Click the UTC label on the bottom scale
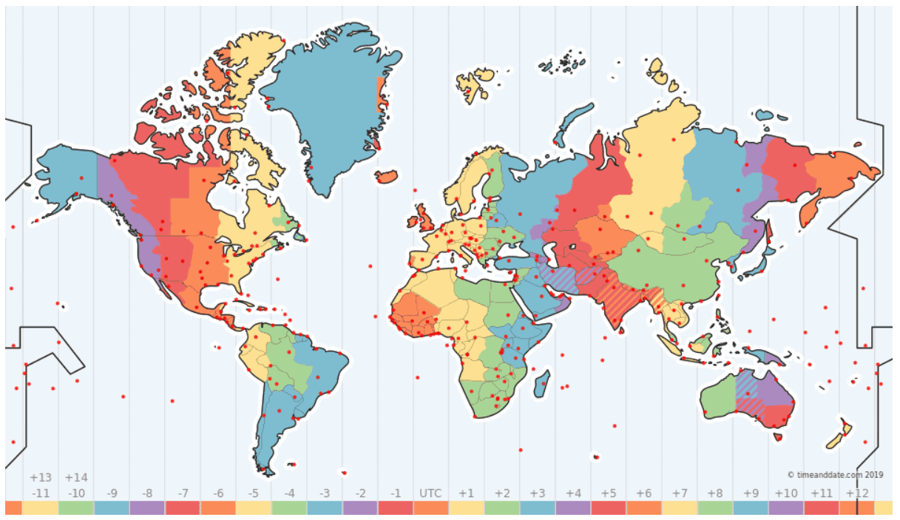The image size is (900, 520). point(430,493)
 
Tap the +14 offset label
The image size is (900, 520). point(76,478)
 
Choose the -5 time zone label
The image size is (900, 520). point(253,493)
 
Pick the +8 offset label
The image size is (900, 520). point(714,493)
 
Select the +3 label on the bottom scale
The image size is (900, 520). point(537,493)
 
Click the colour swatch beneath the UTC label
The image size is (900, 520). point(430,508)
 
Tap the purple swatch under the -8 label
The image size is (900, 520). point(147,508)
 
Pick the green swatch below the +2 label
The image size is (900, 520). point(502,508)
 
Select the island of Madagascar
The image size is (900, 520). point(542,382)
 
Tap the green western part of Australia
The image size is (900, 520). point(717,399)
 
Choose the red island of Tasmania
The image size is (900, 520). point(777,437)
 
